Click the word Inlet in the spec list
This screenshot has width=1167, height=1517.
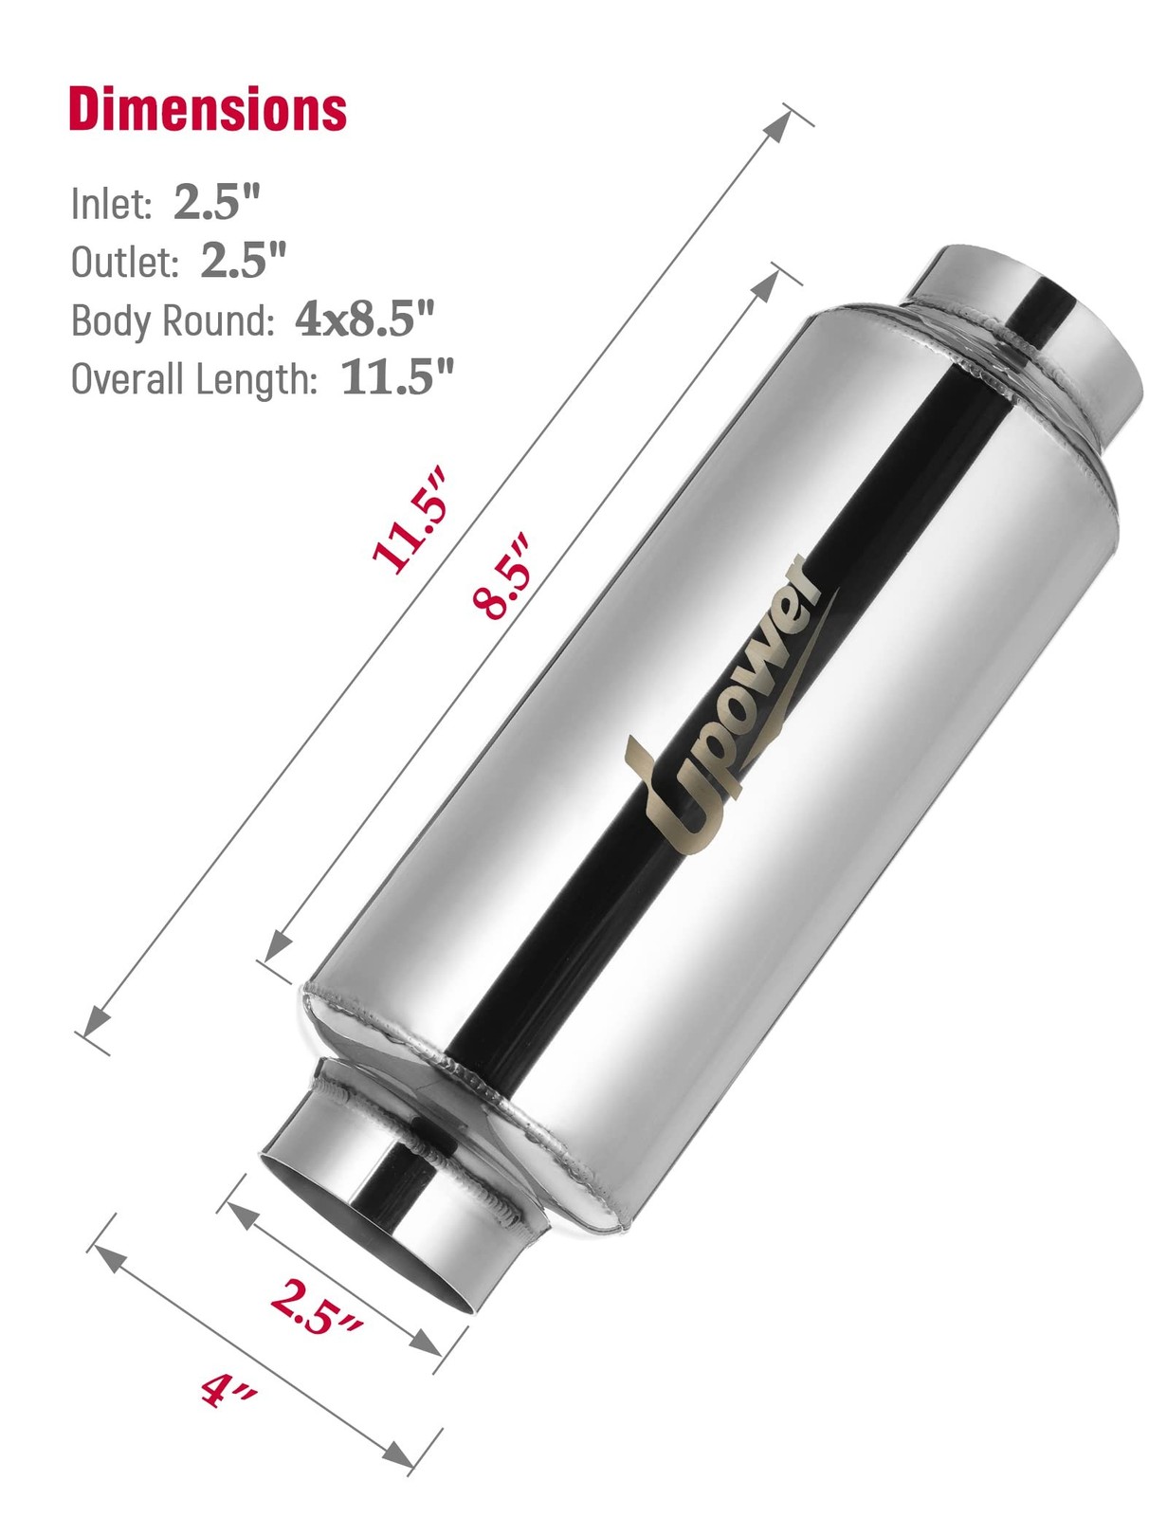coord(111,204)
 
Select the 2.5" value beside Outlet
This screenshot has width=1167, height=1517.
coord(243,259)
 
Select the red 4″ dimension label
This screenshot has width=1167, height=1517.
coord(228,1390)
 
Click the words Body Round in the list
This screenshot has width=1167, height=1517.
coord(172,320)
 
